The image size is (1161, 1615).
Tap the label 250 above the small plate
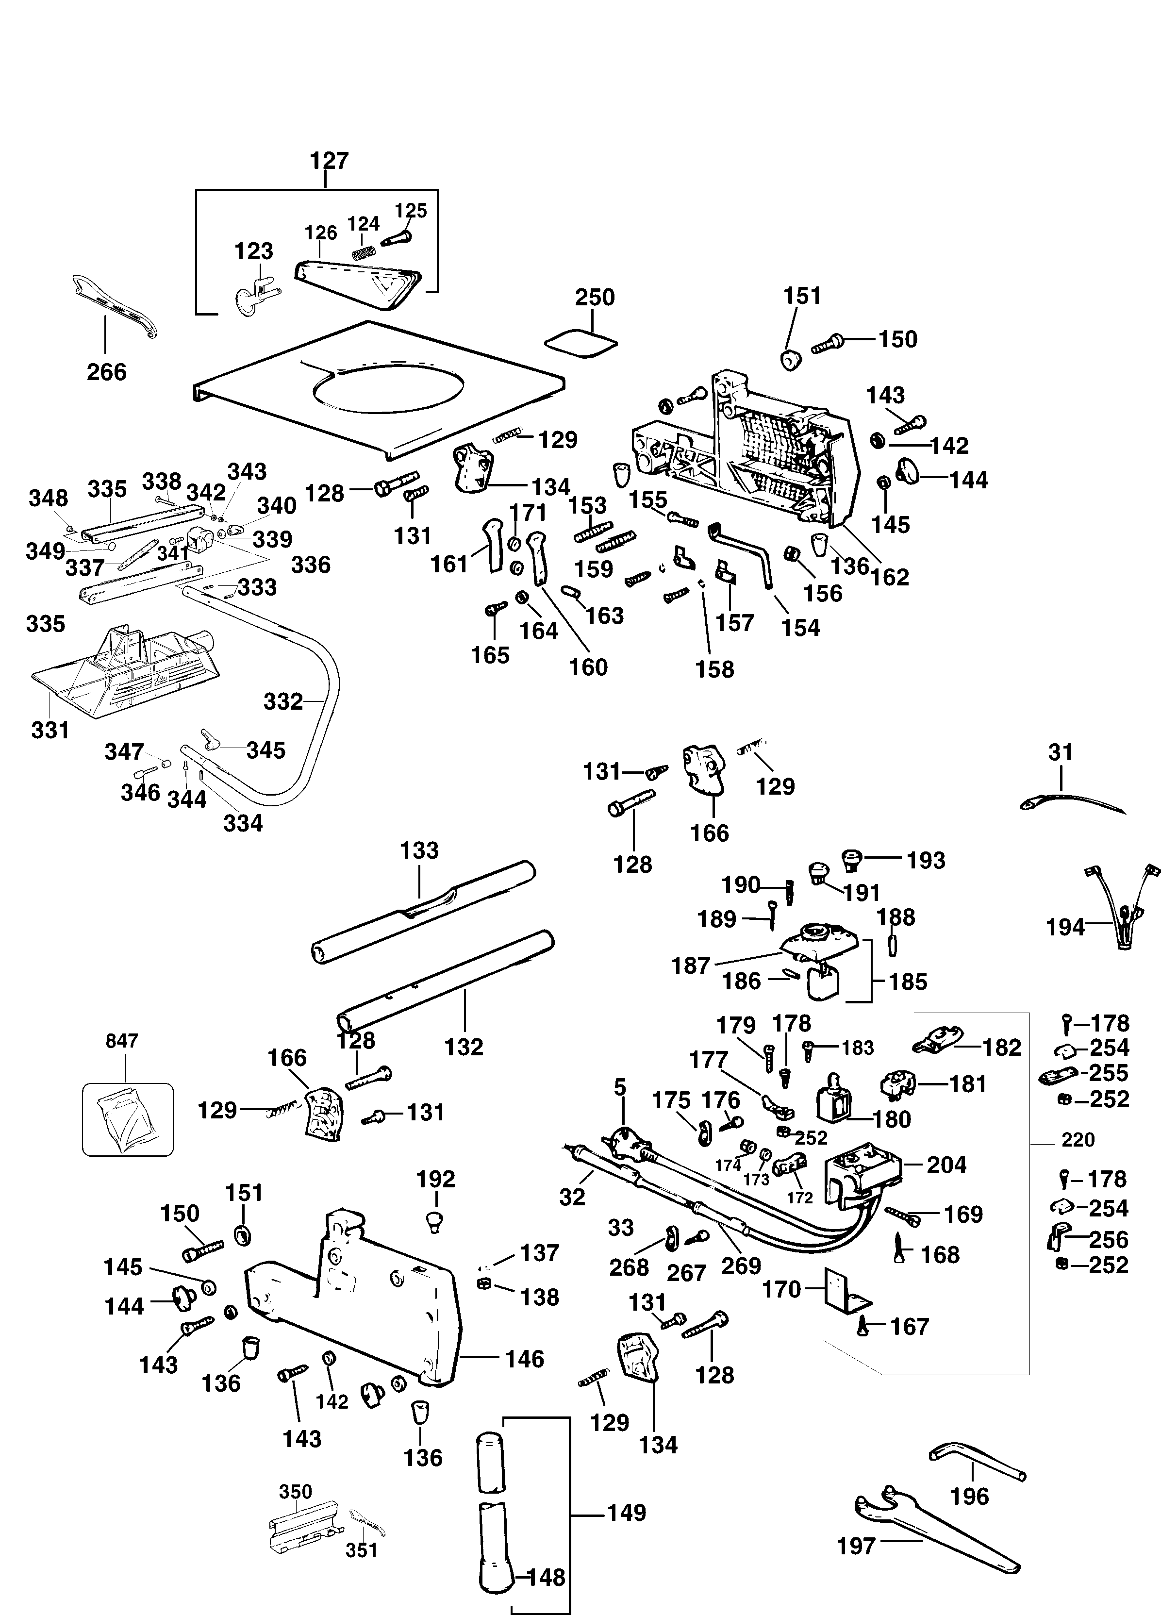(x=595, y=297)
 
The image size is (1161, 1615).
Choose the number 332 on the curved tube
(x=283, y=702)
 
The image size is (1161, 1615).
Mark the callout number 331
(x=50, y=730)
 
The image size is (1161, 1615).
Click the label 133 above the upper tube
(x=419, y=850)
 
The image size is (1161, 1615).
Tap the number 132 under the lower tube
(x=464, y=1047)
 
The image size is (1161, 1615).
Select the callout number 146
(x=525, y=1359)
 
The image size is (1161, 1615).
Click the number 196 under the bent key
(x=969, y=1496)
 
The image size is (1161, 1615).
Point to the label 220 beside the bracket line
(x=1078, y=1139)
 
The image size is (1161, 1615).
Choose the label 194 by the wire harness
(x=1065, y=927)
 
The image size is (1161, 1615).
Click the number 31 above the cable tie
(x=1061, y=752)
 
